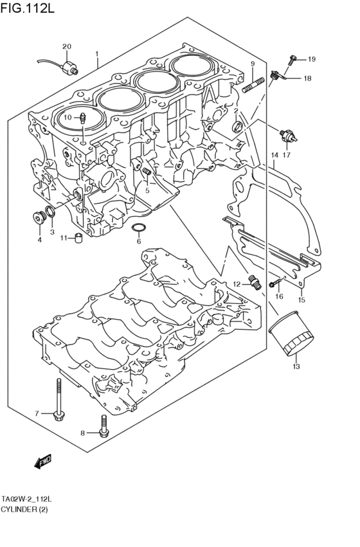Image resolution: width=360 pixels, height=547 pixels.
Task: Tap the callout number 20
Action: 67,46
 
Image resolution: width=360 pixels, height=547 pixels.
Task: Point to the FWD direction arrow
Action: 43,460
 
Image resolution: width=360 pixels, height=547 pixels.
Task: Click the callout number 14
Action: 274,155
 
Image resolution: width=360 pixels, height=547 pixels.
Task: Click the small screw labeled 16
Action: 275,282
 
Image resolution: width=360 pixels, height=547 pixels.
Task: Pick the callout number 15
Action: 301,300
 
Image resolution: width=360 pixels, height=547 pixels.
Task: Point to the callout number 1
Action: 97,53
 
